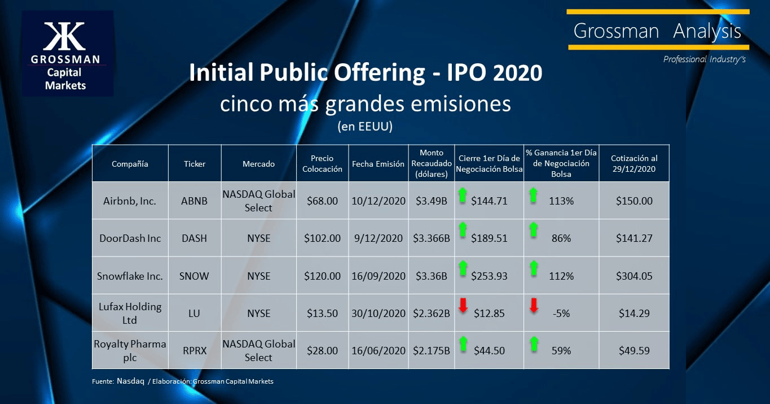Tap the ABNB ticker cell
[x=195, y=201]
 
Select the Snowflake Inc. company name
[x=129, y=276]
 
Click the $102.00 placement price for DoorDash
[x=322, y=238]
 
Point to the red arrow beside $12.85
[x=463, y=306]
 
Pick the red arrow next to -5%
[x=534, y=306]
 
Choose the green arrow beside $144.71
[x=463, y=196]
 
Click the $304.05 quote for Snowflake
[x=635, y=276]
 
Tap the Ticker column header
[x=195, y=164]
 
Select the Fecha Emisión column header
[x=378, y=164]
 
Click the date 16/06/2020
[x=378, y=351]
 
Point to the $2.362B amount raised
[x=432, y=314]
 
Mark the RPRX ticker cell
[x=195, y=351]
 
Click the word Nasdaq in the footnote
[x=130, y=381]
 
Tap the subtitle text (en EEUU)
[x=364, y=127]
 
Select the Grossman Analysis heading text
[x=657, y=31]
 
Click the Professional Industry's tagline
[x=704, y=59]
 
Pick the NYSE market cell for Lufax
[x=258, y=314]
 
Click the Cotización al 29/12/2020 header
[x=634, y=164]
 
